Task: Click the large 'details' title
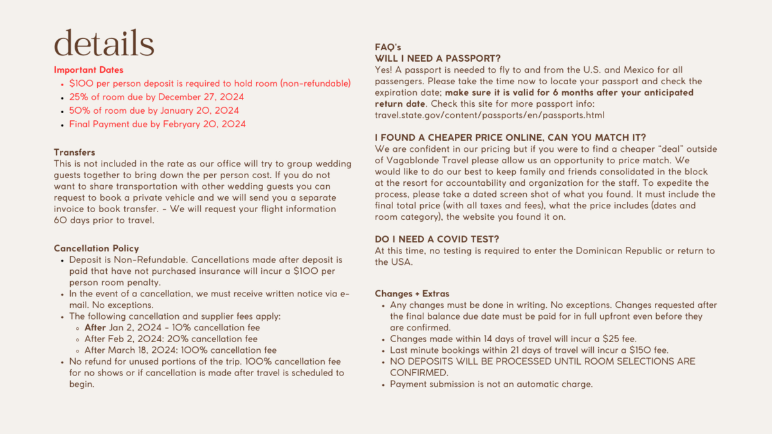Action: coord(104,43)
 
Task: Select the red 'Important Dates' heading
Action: coord(89,70)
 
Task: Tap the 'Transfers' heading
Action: coord(75,152)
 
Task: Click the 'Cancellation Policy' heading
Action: coord(96,248)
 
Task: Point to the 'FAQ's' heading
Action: coord(388,48)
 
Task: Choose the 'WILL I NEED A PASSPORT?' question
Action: coord(437,59)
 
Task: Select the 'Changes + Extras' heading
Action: coord(412,294)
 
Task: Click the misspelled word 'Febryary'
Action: coord(173,124)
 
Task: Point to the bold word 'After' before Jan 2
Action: coord(95,327)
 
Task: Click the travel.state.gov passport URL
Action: coord(490,115)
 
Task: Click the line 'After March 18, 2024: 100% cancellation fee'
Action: coord(181,350)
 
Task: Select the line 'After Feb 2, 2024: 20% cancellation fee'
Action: coord(171,339)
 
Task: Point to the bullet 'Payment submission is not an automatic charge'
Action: coord(491,384)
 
